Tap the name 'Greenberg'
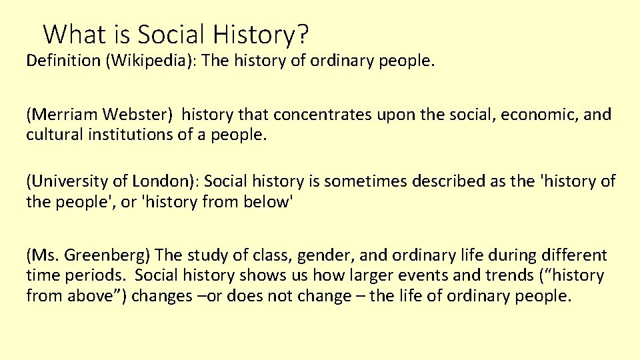109,255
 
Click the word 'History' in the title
261,33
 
